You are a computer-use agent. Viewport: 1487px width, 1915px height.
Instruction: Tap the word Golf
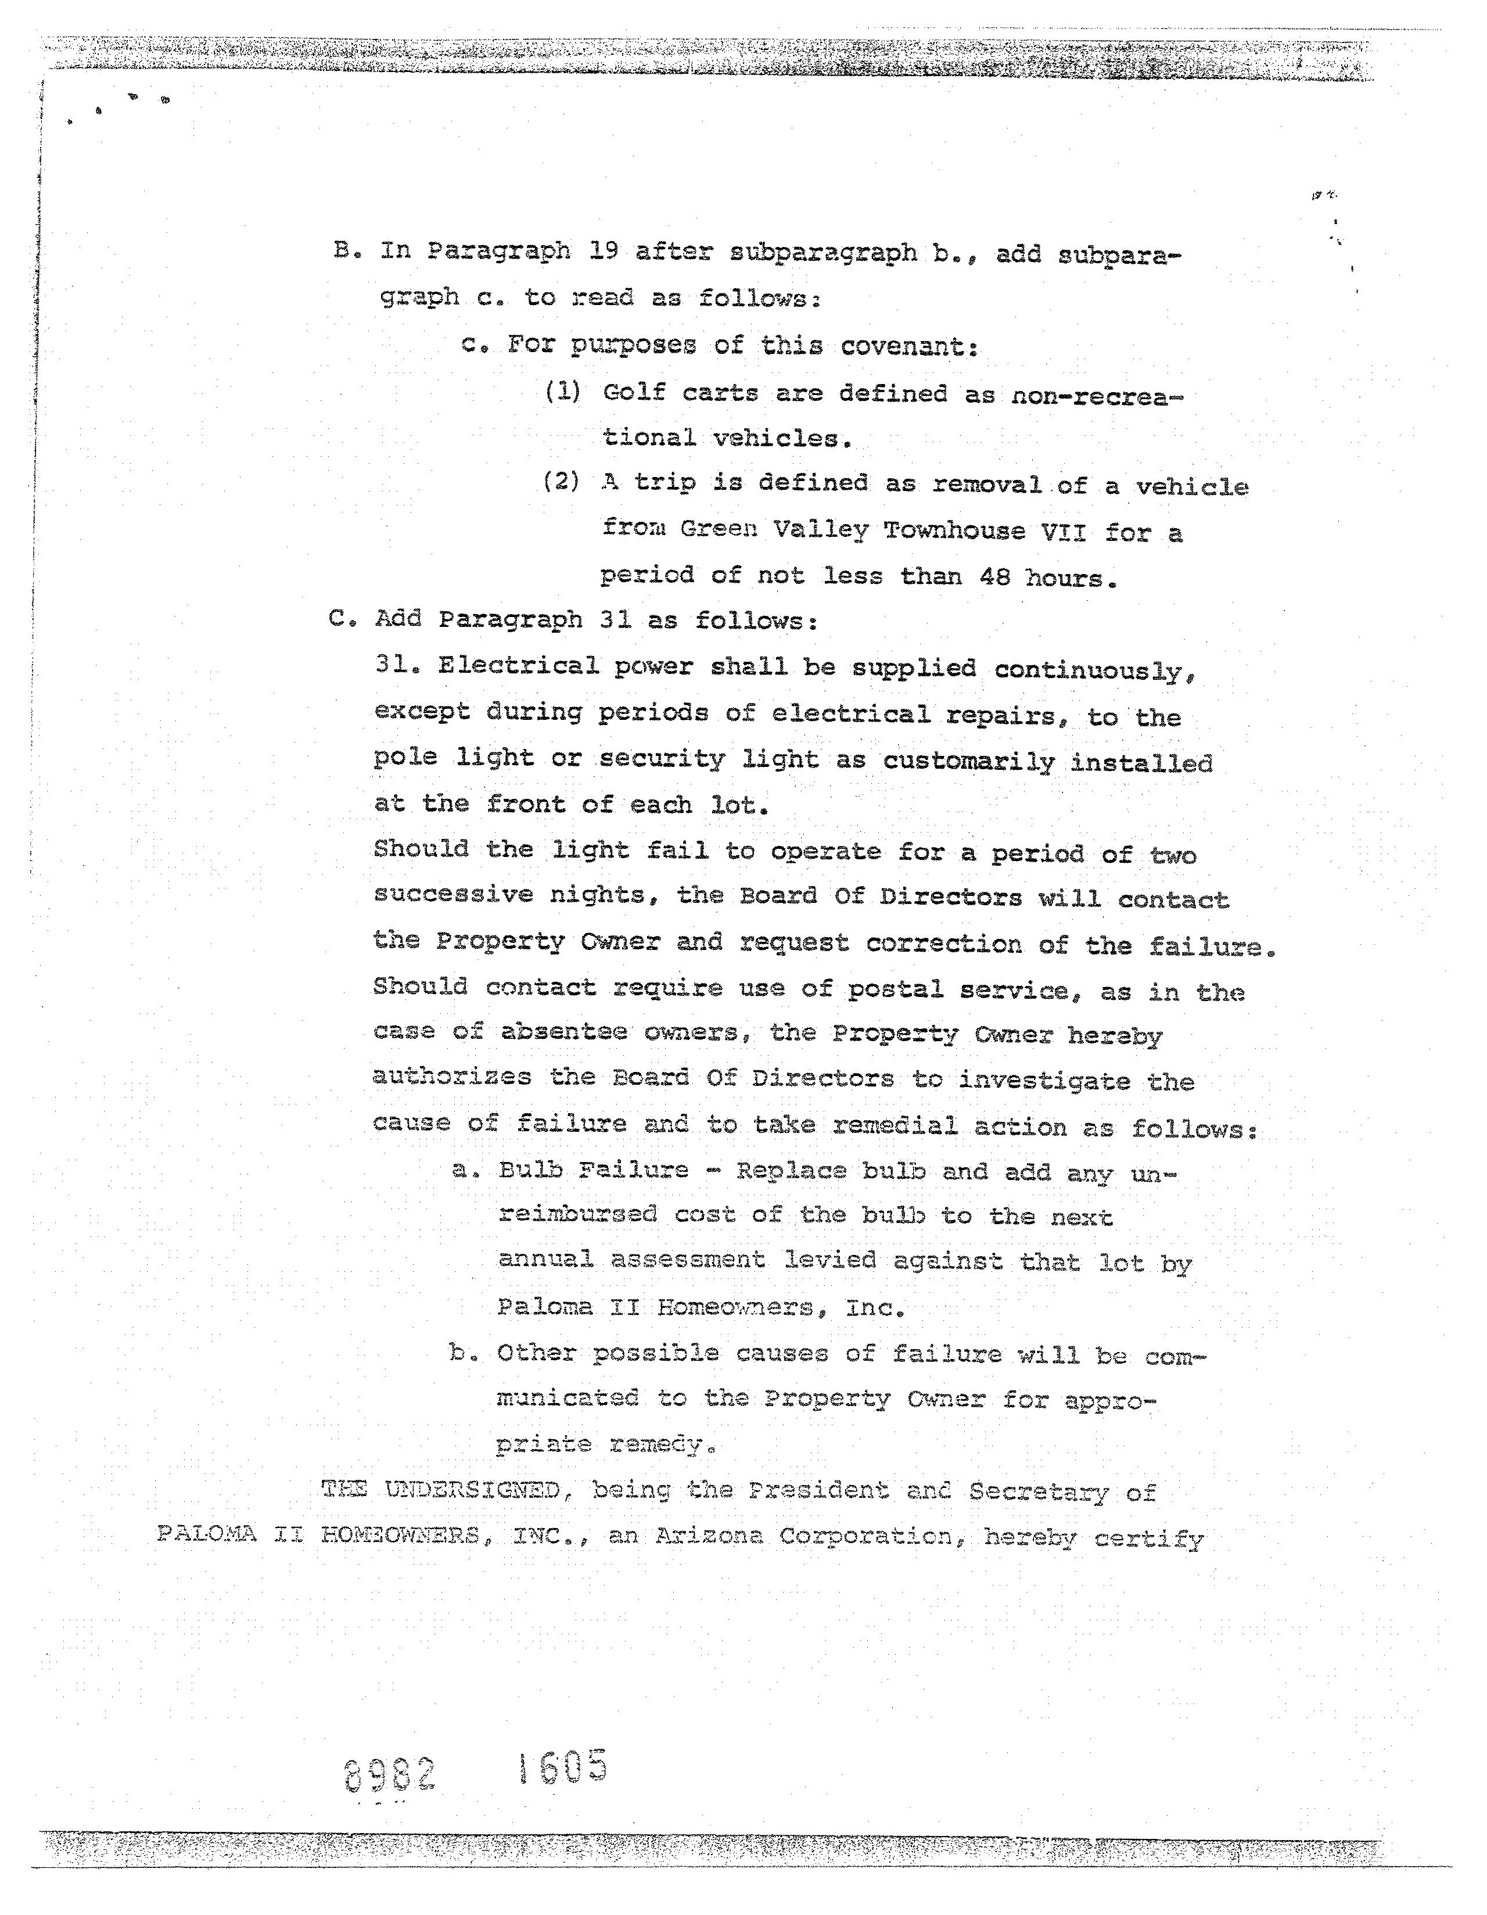(x=634, y=392)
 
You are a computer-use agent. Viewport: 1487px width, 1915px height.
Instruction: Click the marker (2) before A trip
(x=561, y=482)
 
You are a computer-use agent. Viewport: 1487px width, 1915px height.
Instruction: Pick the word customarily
(x=969, y=761)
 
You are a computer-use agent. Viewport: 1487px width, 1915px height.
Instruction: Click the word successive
(x=453, y=894)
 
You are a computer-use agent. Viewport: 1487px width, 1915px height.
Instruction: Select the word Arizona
(x=709, y=1536)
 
